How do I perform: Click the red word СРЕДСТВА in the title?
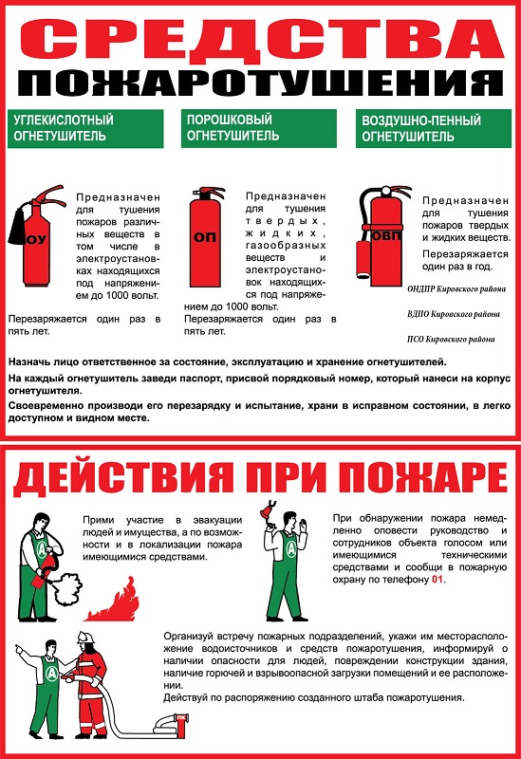(x=262, y=40)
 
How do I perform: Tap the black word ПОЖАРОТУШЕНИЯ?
(x=261, y=83)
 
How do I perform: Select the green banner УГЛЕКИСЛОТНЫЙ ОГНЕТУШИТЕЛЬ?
(x=85, y=128)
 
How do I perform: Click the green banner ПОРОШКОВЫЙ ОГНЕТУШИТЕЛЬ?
(x=259, y=128)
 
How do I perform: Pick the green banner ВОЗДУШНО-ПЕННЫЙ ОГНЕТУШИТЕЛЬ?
(x=434, y=128)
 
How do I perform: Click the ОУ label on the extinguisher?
(x=36, y=239)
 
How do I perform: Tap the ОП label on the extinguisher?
(x=205, y=237)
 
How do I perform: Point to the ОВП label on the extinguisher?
(x=387, y=235)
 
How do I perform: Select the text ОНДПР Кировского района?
(x=456, y=289)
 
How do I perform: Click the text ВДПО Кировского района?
(x=454, y=314)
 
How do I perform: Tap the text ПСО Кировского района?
(x=451, y=340)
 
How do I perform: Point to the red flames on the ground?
(x=114, y=602)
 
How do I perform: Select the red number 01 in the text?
(x=437, y=580)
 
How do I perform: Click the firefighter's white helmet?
(x=85, y=636)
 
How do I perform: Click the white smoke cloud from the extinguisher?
(x=66, y=589)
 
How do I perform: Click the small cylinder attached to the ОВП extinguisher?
(x=363, y=259)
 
